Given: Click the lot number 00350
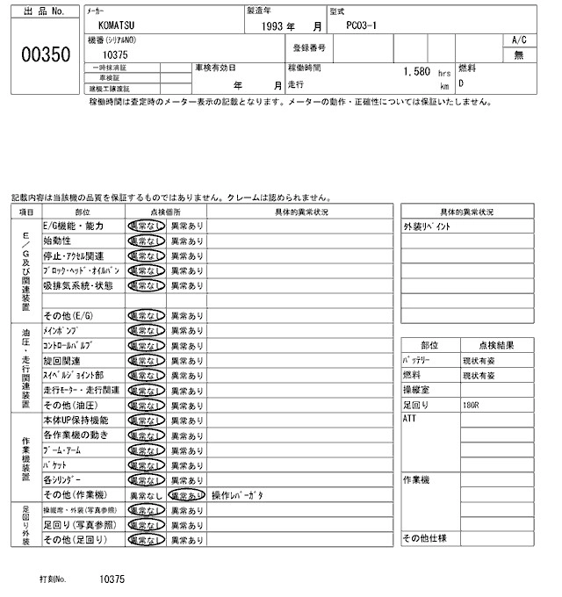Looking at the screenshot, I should click(x=43, y=54).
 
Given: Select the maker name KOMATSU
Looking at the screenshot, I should click(x=118, y=26).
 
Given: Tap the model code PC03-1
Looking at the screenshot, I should click(x=363, y=26).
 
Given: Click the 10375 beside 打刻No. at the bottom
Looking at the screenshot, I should click(x=112, y=579).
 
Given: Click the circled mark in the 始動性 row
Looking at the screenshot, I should click(x=146, y=241).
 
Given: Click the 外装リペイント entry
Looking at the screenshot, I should click(x=427, y=227).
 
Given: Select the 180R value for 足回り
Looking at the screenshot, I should click(x=472, y=405).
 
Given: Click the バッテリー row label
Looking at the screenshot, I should click(x=417, y=360).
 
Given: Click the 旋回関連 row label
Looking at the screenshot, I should click(x=61, y=360).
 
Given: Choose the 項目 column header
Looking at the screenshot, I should click(x=26, y=212).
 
